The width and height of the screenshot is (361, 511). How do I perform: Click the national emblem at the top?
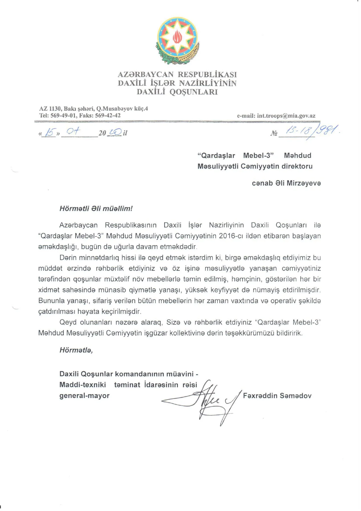177,40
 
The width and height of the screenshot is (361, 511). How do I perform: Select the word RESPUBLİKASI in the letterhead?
207,75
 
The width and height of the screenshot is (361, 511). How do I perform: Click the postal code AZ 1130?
50,109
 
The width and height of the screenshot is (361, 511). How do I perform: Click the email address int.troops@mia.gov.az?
286,116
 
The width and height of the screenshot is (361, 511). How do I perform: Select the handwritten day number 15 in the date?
50,133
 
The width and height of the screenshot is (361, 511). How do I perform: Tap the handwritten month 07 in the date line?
73,132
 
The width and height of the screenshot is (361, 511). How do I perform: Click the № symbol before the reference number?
274,133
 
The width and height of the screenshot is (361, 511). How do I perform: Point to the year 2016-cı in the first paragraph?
230,236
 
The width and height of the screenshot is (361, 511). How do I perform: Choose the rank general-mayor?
84,396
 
